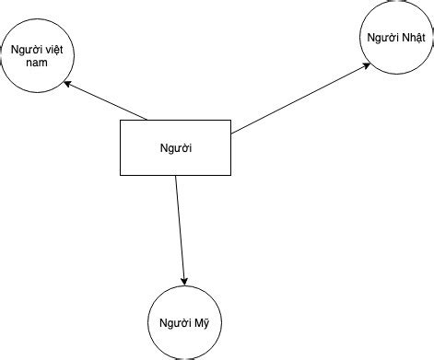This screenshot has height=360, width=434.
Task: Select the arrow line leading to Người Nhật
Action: (x=299, y=99)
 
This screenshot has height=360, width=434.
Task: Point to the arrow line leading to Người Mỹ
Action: (x=181, y=230)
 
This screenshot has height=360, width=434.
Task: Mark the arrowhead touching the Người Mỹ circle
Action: (x=185, y=280)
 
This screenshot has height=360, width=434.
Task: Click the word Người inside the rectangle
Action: (x=175, y=147)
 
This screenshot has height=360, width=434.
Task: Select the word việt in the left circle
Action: (x=49, y=50)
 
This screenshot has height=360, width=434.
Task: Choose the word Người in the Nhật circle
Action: (x=381, y=38)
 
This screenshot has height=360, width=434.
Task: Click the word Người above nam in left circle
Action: (x=22, y=50)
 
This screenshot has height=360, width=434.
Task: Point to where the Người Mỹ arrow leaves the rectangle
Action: (x=175, y=176)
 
